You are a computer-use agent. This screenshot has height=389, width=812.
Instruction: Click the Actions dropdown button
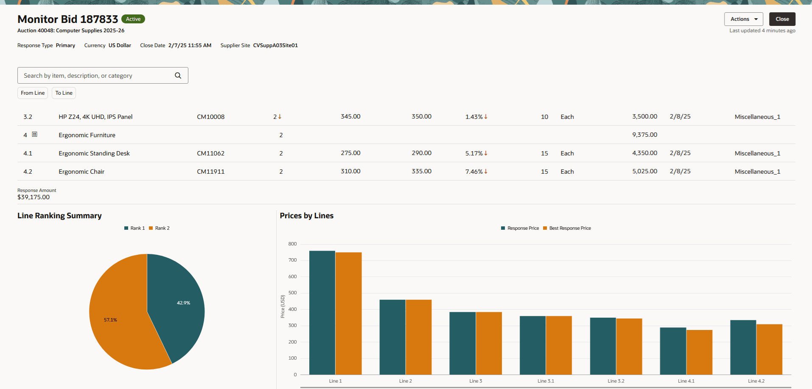click(743, 19)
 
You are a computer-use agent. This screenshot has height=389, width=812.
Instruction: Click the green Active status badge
click(133, 19)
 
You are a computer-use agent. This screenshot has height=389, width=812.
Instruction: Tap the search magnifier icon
click(178, 76)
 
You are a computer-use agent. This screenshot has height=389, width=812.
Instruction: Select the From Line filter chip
click(33, 93)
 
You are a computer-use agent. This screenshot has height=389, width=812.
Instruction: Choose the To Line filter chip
click(64, 93)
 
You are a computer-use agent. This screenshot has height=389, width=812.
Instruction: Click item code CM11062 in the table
click(210, 153)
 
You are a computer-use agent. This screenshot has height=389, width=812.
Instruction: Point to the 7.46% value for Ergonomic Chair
click(474, 172)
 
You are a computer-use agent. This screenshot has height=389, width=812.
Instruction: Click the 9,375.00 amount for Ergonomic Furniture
click(644, 135)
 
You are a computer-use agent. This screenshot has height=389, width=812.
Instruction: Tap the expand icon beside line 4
click(35, 135)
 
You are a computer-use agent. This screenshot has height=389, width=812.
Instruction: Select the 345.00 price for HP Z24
click(350, 117)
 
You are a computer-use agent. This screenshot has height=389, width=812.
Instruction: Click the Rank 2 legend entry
click(160, 228)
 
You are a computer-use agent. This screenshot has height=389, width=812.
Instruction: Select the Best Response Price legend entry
click(567, 228)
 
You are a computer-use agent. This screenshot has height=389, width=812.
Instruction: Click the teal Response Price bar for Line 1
click(322, 312)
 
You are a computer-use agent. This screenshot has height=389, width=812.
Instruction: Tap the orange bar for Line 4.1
click(699, 352)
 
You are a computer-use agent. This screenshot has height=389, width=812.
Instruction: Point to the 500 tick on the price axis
click(292, 293)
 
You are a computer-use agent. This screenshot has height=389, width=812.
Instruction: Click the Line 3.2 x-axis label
click(616, 381)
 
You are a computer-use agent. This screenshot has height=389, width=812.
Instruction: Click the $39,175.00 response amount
click(34, 197)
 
